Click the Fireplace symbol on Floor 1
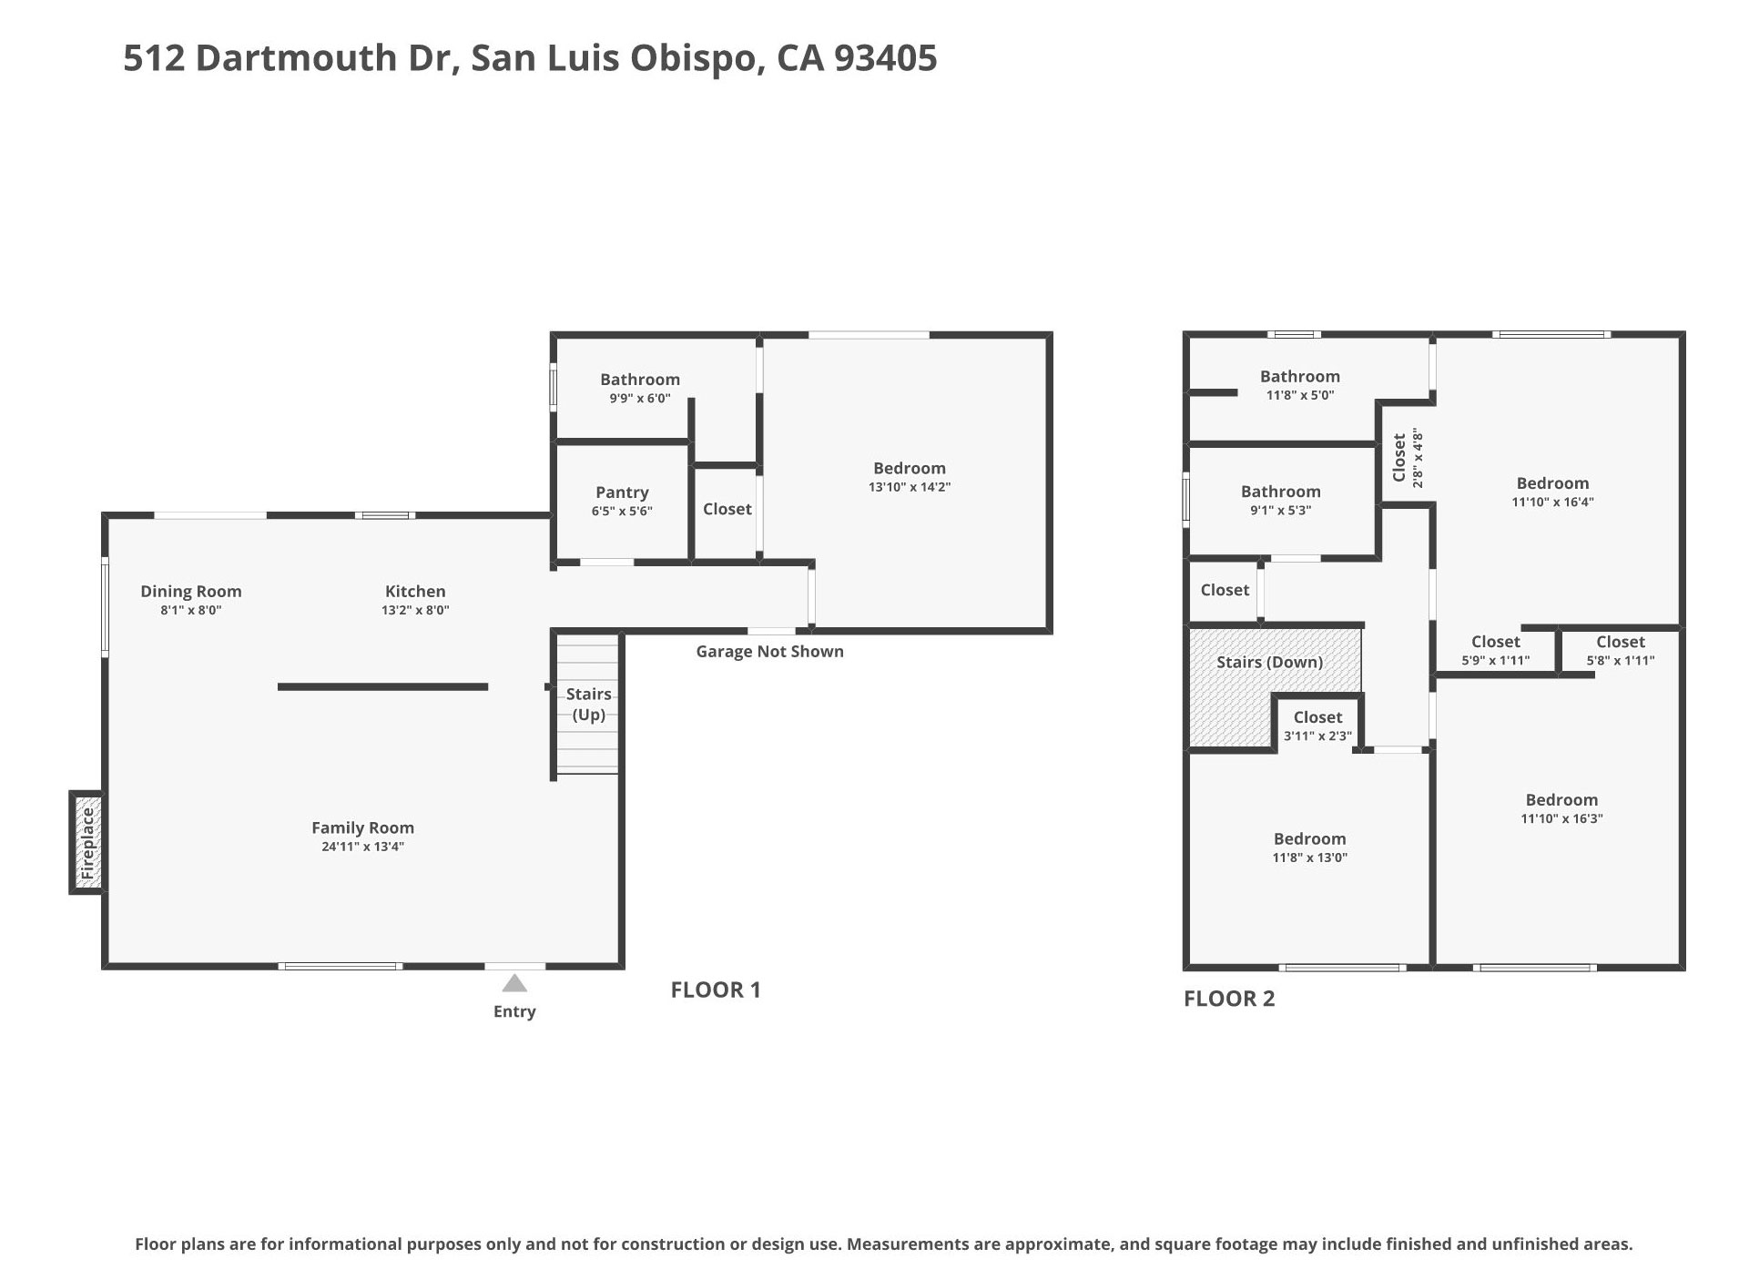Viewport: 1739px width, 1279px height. click(x=87, y=843)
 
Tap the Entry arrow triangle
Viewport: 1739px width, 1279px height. click(x=514, y=984)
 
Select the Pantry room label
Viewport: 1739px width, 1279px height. click(x=622, y=492)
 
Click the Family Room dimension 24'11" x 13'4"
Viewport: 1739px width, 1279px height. click(x=362, y=847)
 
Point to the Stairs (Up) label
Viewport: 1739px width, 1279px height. click(x=588, y=704)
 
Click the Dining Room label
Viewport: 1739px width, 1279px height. click(x=191, y=592)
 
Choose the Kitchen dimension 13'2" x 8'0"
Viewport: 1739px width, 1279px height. click(x=415, y=611)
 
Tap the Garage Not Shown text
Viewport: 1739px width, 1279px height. click(x=769, y=652)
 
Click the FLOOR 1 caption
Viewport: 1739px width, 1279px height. click(x=715, y=990)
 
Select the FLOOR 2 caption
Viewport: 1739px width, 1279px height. click(x=1229, y=1000)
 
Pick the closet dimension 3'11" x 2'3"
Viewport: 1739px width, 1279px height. click(x=1317, y=736)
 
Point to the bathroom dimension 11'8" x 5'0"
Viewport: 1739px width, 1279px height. click(x=1299, y=396)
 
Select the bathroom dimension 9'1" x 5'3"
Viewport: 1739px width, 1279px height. click(x=1280, y=511)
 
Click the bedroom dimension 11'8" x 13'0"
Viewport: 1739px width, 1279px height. click(x=1309, y=858)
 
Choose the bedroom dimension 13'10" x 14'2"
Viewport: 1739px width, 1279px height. click(x=909, y=488)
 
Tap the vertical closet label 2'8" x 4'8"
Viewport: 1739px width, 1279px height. click(x=1417, y=458)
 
